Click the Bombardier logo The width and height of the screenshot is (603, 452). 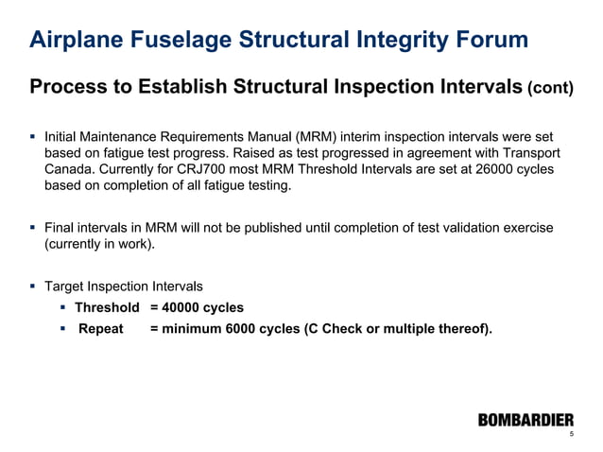(525, 420)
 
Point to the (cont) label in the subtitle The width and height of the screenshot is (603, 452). (549, 89)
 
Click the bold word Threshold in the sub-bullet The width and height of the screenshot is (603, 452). (107, 307)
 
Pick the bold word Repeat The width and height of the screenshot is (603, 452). (101, 330)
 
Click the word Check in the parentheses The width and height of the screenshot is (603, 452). (344, 330)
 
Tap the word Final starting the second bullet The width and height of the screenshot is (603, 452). (60, 228)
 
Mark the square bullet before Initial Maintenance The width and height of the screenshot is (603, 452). (32, 136)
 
